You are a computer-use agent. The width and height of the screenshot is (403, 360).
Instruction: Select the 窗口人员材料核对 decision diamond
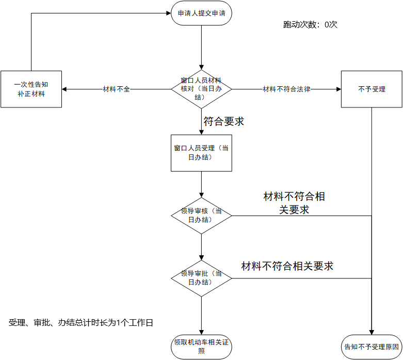click(201, 89)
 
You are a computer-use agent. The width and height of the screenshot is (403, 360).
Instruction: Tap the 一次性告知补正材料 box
click(31, 89)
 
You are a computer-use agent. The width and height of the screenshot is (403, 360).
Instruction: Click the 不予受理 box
click(372, 89)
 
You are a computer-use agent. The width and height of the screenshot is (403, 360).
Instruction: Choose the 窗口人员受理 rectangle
click(201, 153)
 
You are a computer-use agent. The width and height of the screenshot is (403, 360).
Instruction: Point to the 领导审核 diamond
click(201, 215)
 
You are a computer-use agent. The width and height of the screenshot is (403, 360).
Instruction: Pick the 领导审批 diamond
click(201, 278)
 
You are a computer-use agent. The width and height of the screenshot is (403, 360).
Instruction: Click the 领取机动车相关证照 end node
click(201, 346)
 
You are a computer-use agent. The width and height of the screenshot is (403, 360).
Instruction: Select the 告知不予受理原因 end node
click(371, 346)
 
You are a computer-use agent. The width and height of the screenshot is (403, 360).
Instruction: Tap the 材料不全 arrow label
click(117, 89)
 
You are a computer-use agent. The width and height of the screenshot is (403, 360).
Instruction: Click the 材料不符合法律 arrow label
click(286, 89)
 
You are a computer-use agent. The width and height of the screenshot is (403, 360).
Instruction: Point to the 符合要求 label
click(223, 122)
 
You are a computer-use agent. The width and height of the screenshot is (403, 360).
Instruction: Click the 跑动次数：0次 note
click(310, 24)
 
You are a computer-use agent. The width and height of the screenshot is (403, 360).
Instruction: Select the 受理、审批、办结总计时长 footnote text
click(81, 323)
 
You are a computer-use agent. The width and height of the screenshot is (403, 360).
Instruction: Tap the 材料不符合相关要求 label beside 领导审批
click(287, 267)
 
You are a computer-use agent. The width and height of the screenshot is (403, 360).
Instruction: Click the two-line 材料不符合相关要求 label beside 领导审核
click(294, 203)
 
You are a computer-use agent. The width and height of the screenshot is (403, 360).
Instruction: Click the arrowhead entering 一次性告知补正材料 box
click(65, 89)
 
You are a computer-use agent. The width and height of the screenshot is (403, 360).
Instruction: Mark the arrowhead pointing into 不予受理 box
click(338, 89)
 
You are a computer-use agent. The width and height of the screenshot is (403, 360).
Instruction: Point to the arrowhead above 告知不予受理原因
click(372, 332)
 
